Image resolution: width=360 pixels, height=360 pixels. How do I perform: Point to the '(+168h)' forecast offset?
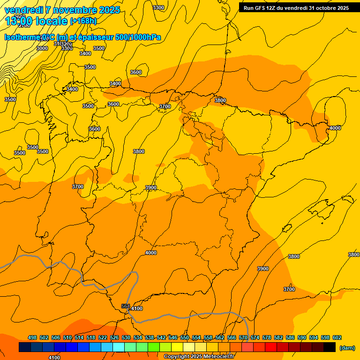click(83, 21)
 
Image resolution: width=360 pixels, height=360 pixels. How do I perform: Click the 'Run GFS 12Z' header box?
click(296, 8)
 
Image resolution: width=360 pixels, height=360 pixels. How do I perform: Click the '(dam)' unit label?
click(347, 347)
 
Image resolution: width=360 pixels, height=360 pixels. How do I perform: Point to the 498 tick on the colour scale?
click(32, 337)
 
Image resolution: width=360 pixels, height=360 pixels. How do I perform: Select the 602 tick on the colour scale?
click(337, 337)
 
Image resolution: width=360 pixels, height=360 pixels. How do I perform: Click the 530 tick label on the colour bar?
click(126, 337)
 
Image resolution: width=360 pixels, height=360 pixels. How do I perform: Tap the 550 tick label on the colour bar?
click(185, 337)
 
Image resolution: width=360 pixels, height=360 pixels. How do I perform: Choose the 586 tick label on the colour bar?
click(290, 337)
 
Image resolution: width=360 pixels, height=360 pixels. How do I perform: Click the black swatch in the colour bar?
click(330, 347)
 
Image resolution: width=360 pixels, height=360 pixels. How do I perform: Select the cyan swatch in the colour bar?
click(119, 347)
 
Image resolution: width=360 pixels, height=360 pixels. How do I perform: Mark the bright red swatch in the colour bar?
click(271, 347)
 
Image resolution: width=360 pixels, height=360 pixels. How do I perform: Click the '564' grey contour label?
click(126, 306)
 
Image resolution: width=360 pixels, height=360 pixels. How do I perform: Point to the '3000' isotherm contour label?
click(42, 48)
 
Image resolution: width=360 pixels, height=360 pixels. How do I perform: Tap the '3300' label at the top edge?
click(158, 7)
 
